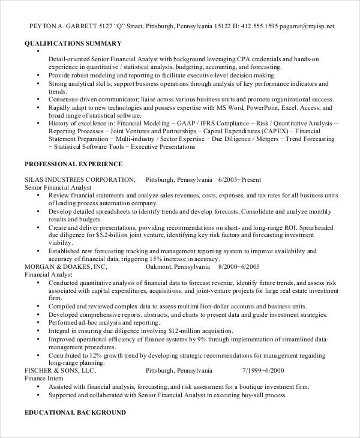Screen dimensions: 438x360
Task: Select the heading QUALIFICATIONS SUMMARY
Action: tap(73, 43)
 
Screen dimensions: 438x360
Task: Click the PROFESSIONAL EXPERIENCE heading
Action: tap(73, 164)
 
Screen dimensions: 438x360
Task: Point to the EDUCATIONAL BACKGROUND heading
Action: tap(75, 413)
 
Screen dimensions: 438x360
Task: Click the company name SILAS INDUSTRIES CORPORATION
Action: tap(79, 179)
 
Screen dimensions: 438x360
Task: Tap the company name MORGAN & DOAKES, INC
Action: tap(65, 266)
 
